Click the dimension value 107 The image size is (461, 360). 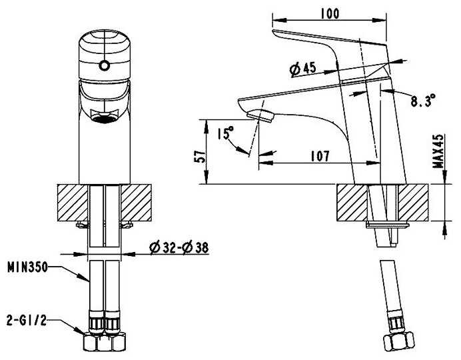pos(320,156)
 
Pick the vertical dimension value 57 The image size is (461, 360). pos(197,156)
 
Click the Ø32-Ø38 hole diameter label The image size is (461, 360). pos(179,248)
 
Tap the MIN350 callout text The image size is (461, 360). pos(27,267)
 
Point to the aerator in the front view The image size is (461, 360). pos(103,119)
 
